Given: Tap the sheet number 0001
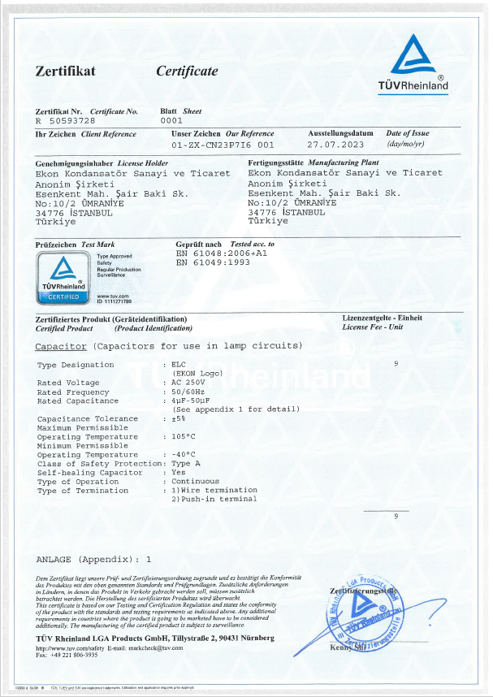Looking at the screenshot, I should (x=171, y=120).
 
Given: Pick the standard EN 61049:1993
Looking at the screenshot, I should (x=213, y=262).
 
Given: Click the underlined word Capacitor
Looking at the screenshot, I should (x=62, y=347).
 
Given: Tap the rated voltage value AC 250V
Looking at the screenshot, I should (x=190, y=383).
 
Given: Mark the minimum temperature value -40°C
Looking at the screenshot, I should (x=184, y=455).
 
